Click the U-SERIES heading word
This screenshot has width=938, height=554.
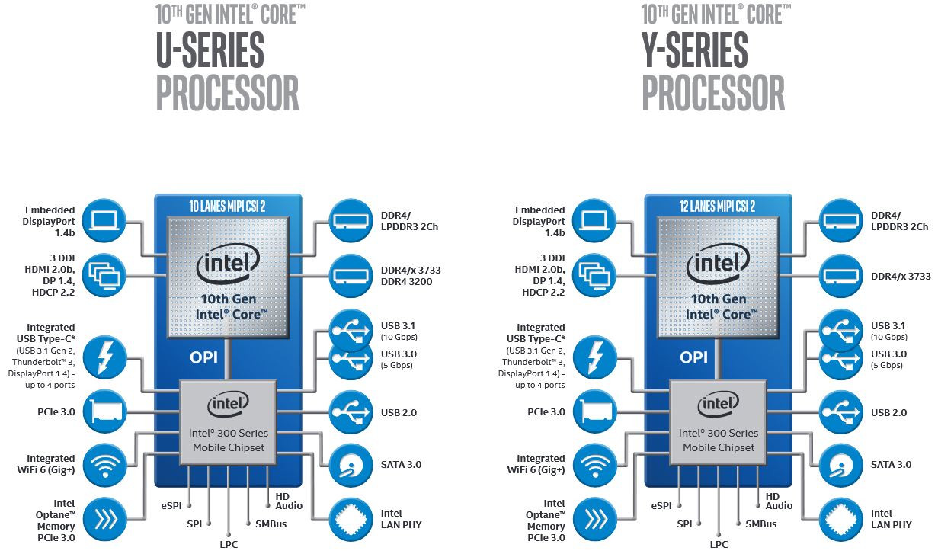pos(210,50)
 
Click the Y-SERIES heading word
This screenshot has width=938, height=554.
pos(694,50)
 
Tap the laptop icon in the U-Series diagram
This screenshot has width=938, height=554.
pos(103,219)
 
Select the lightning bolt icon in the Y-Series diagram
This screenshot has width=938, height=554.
pos(593,357)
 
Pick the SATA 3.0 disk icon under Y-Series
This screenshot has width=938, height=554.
pos(842,464)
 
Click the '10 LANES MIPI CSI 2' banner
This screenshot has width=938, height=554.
pos(228,205)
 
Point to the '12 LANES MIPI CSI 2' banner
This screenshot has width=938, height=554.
pos(718,205)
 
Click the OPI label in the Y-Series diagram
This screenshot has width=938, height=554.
pos(694,356)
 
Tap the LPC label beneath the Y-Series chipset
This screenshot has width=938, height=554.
pos(719,543)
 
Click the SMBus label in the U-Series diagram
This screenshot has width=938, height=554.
pos(271,524)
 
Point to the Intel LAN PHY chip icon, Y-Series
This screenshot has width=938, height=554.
pos(842,519)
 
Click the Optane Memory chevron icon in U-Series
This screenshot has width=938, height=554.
pos(103,519)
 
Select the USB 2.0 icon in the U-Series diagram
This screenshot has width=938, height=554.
pos(351,412)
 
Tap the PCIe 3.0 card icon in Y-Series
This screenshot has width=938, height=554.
pos(593,412)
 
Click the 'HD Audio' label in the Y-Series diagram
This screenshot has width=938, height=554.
pos(779,501)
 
